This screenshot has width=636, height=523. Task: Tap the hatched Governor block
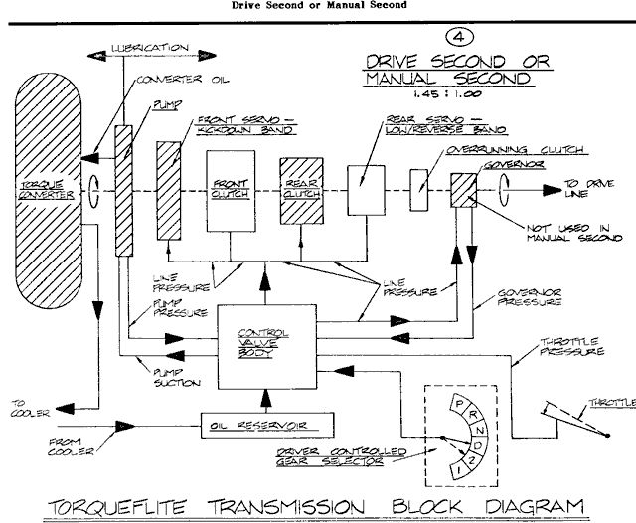(463, 188)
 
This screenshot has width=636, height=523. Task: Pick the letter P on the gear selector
(458, 403)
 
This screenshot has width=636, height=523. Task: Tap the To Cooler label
(24, 411)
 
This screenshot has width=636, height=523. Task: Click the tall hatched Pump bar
(123, 189)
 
